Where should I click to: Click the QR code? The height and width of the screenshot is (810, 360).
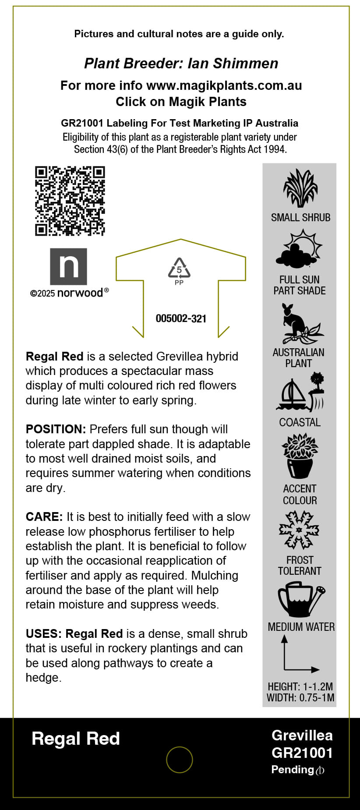70,201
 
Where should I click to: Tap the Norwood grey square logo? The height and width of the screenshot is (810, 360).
68,266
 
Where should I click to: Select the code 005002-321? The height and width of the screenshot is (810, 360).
181,318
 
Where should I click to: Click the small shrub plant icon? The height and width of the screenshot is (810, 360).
300,188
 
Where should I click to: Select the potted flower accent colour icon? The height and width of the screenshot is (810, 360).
300,456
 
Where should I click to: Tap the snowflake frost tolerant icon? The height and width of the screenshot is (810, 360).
299,530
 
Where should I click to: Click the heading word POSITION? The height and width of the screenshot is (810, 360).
56,429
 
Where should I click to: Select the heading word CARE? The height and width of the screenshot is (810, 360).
44,516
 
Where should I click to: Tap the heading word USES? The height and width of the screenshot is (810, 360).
44,633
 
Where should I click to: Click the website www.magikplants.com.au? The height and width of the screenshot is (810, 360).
224,85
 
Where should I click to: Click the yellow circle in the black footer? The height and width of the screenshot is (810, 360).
180,760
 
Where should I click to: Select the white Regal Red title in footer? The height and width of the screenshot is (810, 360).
76,739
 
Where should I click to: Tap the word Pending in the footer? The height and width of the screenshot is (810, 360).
293,769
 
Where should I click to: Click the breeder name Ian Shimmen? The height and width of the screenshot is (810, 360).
233,64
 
